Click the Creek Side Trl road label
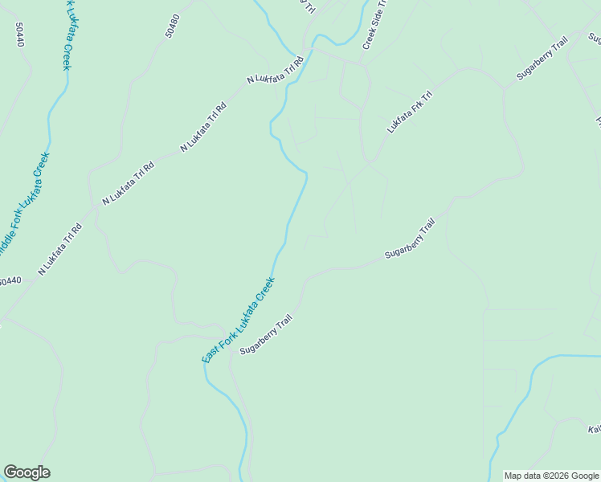click(x=374, y=25)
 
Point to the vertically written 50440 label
click(x=20, y=34)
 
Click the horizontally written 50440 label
click(x=9, y=281)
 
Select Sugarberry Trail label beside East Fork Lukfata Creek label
click(x=265, y=337)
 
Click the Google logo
click(x=27, y=472)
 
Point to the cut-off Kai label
click(x=595, y=430)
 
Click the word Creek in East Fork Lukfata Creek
click(x=266, y=290)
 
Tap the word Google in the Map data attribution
click(x=585, y=476)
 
